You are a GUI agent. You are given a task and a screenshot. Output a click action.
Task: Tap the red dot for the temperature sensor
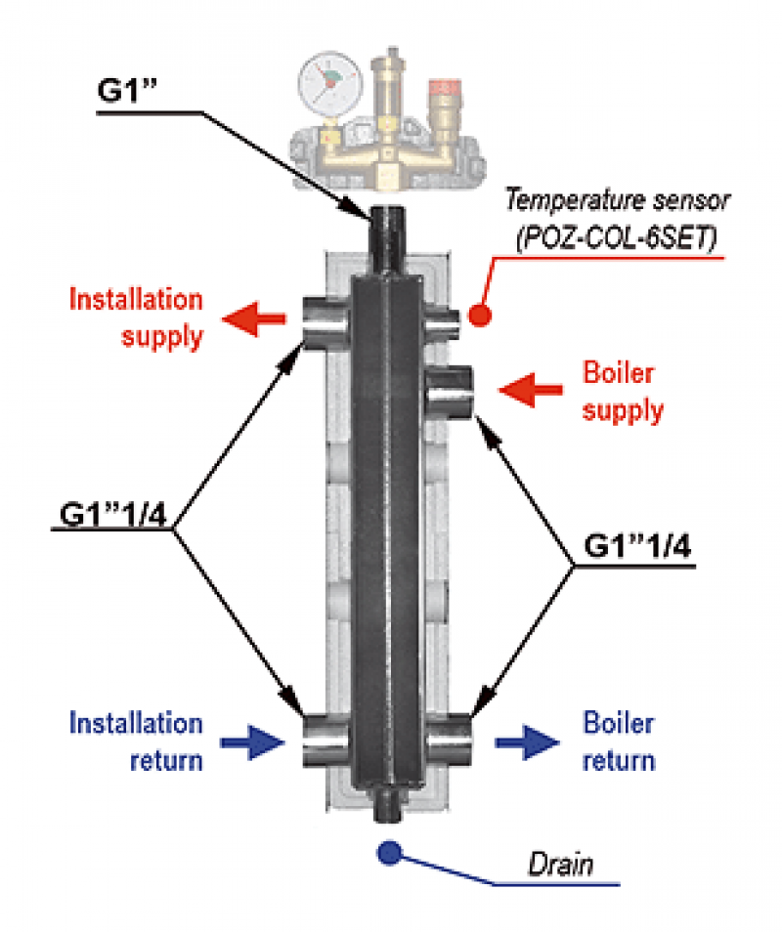click(x=479, y=316)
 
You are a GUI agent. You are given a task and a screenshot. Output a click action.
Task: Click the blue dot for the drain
click(x=389, y=853)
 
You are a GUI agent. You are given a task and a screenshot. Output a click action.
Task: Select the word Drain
click(x=560, y=865)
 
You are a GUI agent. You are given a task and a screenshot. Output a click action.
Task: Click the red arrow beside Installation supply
click(x=255, y=318)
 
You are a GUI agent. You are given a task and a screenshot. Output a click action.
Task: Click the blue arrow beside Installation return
click(x=252, y=744)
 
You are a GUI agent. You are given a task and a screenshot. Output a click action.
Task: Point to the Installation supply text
click(x=136, y=318)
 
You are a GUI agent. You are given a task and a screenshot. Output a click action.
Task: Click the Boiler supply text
click(x=623, y=391)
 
